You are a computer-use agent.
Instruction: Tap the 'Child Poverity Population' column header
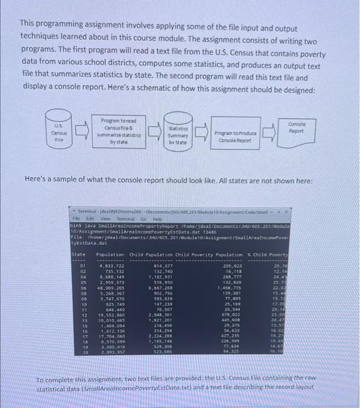click(213, 254)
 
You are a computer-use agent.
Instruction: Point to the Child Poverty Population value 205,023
click(229, 266)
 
